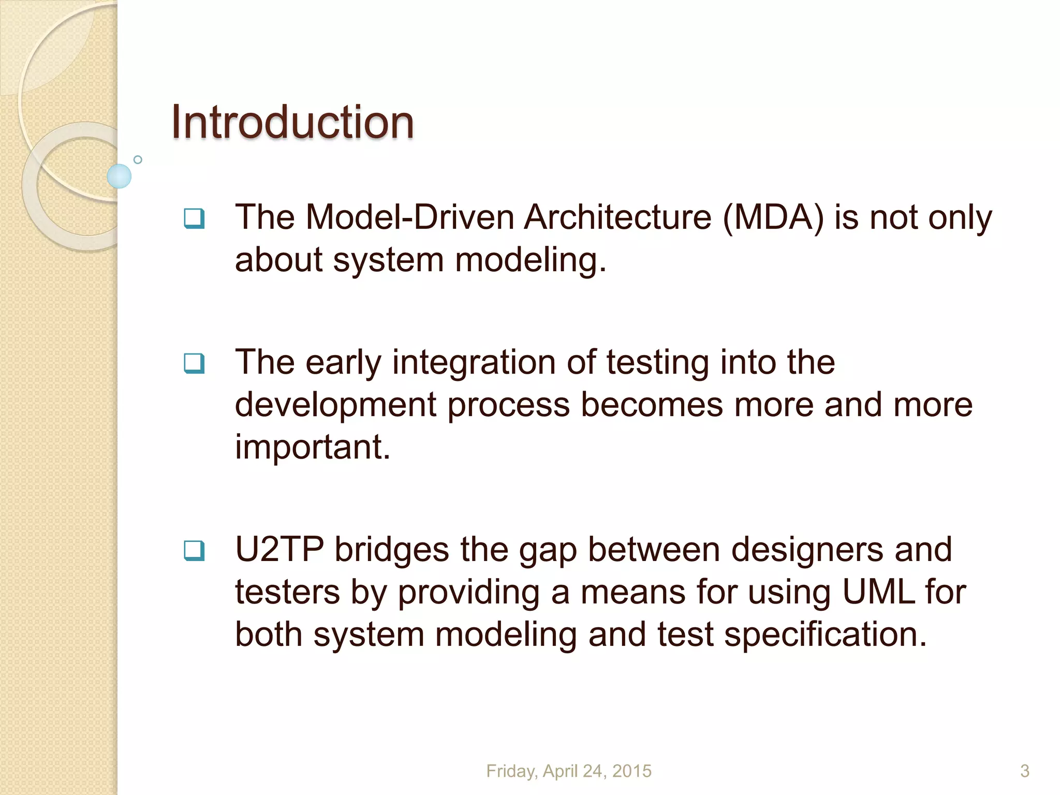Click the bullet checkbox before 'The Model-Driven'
(x=194, y=218)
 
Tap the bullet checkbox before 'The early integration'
(x=194, y=363)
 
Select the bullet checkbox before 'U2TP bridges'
(x=194, y=551)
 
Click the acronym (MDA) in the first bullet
(x=773, y=217)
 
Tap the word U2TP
(x=279, y=550)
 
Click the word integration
(x=474, y=362)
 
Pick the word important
(x=312, y=447)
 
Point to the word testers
(x=287, y=592)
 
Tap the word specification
(x=825, y=635)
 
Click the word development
(x=335, y=405)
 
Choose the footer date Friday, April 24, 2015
(x=568, y=771)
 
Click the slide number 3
(x=1024, y=771)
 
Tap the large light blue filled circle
(x=119, y=176)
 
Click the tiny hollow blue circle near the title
(x=138, y=160)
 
